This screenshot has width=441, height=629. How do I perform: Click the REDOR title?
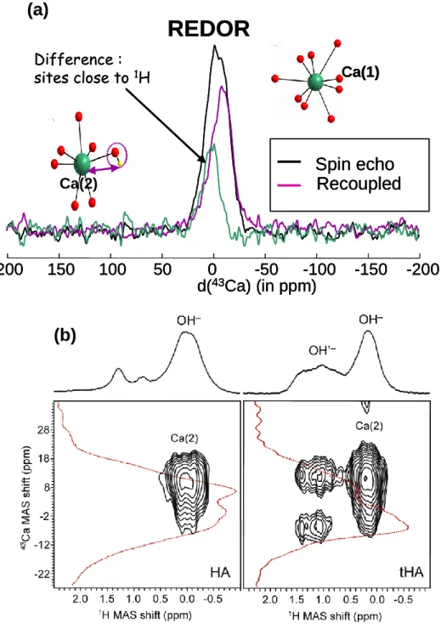pyautogui.click(x=208, y=29)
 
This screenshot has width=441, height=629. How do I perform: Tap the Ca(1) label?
pyautogui.click(x=360, y=72)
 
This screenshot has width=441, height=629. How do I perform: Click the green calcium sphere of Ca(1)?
pyautogui.click(x=315, y=82)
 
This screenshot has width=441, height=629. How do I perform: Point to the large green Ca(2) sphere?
pyautogui.click(x=82, y=164)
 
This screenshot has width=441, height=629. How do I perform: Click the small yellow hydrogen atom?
pyautogui.click(x=120, y=164)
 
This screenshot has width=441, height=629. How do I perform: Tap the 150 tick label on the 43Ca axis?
pyautogui.click(x=60, y=269)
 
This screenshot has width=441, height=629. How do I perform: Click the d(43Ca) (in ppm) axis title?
pyautogui.click(x=257, y=286)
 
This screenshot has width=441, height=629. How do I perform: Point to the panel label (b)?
pyautogui.click(x=65, y=336)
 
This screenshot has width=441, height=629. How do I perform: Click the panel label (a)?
pyautogui.click(x=37, y=10)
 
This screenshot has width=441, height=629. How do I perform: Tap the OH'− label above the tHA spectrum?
pyautogui.click(x=322, y=350)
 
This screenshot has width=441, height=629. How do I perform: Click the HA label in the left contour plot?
pyautogui.click(x=220, y=572)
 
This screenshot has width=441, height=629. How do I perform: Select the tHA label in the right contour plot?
pyautogui.click(x=411, y=572)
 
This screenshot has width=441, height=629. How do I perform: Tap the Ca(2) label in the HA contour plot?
pyautogui.click(x=184, y=439)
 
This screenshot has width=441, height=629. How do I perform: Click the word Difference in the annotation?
pyautogui.click(x=73, y=59)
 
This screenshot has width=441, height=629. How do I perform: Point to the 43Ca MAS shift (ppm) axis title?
pyautogui.click(x=25, y=498)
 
